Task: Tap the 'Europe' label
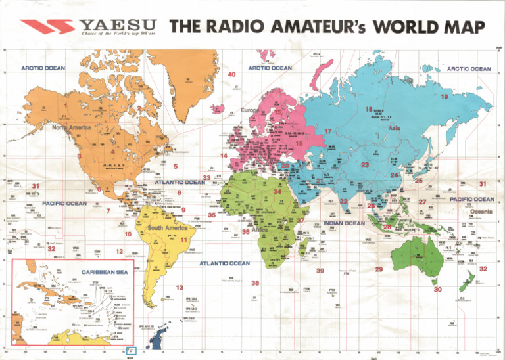(x=252, y=110)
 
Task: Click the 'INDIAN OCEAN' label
(x=345, y=223)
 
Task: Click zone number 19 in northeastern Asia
(x=445, y=97)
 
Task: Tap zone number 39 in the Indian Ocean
(x=320, y=270)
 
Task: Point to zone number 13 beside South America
(x=180, y=288)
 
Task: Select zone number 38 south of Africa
(x=255, y=283)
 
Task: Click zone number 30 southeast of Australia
(x=438, y=289)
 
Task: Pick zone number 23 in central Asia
(x=365, y=164)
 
